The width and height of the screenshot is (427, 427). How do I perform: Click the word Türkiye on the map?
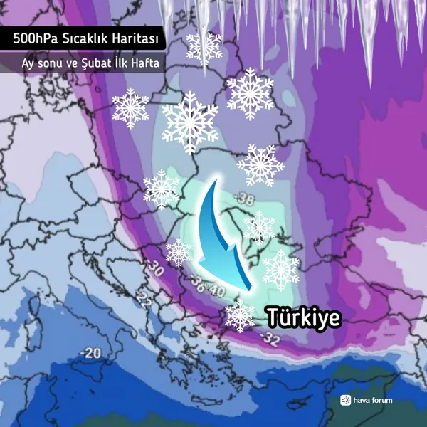tap(302, 318)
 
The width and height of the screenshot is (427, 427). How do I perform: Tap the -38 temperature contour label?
tap(247, 199)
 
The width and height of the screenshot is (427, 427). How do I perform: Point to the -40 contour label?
tap(217, 292)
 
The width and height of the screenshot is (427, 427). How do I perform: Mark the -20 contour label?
tap(90, 353)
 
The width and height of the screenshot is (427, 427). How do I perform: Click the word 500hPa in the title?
tap(31, 38)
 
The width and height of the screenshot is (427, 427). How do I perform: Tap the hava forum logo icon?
tap(346, 400)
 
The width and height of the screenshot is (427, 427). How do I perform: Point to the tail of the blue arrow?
tap(213, 181)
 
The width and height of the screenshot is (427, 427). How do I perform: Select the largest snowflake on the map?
tap(189, 122)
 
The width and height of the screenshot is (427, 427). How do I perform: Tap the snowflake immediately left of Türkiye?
tap(240, 315)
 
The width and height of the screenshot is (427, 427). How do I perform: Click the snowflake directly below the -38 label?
tap(259, 227)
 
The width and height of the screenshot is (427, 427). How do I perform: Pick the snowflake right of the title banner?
tap(204, 46)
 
